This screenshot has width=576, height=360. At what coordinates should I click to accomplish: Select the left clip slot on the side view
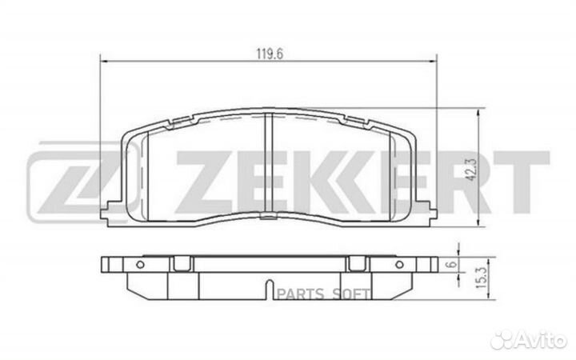click(x=182, y=263)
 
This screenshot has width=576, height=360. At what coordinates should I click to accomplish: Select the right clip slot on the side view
click(x=355, y=263)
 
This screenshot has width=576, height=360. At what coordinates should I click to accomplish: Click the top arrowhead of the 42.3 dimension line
click(x=478, y=113)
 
